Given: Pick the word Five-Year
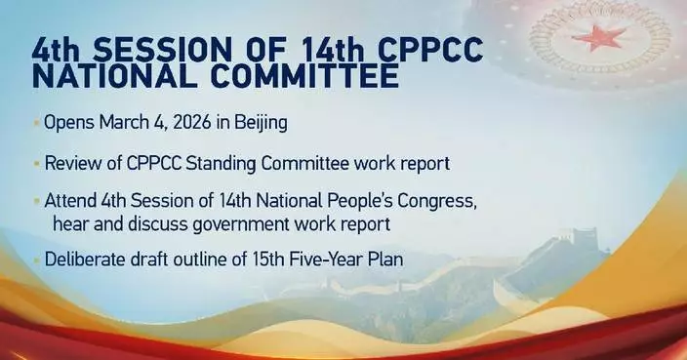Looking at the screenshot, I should tap(326, 260).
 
